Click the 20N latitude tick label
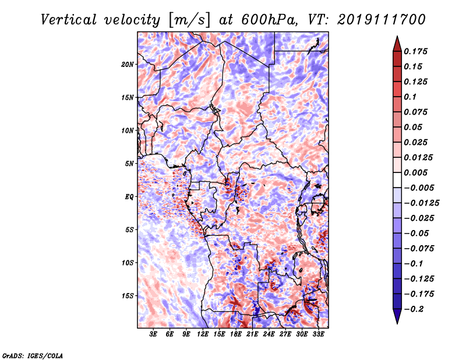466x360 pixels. (128, 65)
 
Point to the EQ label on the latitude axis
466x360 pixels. (129, 197)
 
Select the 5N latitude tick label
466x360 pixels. (129, 164)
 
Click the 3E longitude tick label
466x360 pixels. (153, 334)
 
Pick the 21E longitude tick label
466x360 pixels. (252, 334)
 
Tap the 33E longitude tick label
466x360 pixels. (318, 334)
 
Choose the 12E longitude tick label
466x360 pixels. (203, 334)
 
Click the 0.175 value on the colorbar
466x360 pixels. (415, 51)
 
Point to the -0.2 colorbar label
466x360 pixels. (414, 309)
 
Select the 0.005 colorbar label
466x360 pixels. (415, 172)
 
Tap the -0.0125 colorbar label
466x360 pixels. (421, 203)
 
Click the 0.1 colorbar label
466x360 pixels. (410, 97)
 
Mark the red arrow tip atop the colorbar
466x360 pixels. (397, 36)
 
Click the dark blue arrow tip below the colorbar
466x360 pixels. (397, 323)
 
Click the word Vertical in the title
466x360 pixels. (69, 20)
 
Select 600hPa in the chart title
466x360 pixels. (270, 20)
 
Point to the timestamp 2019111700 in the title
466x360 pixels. (382, 20)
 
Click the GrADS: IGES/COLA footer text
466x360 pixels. (33, 355)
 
